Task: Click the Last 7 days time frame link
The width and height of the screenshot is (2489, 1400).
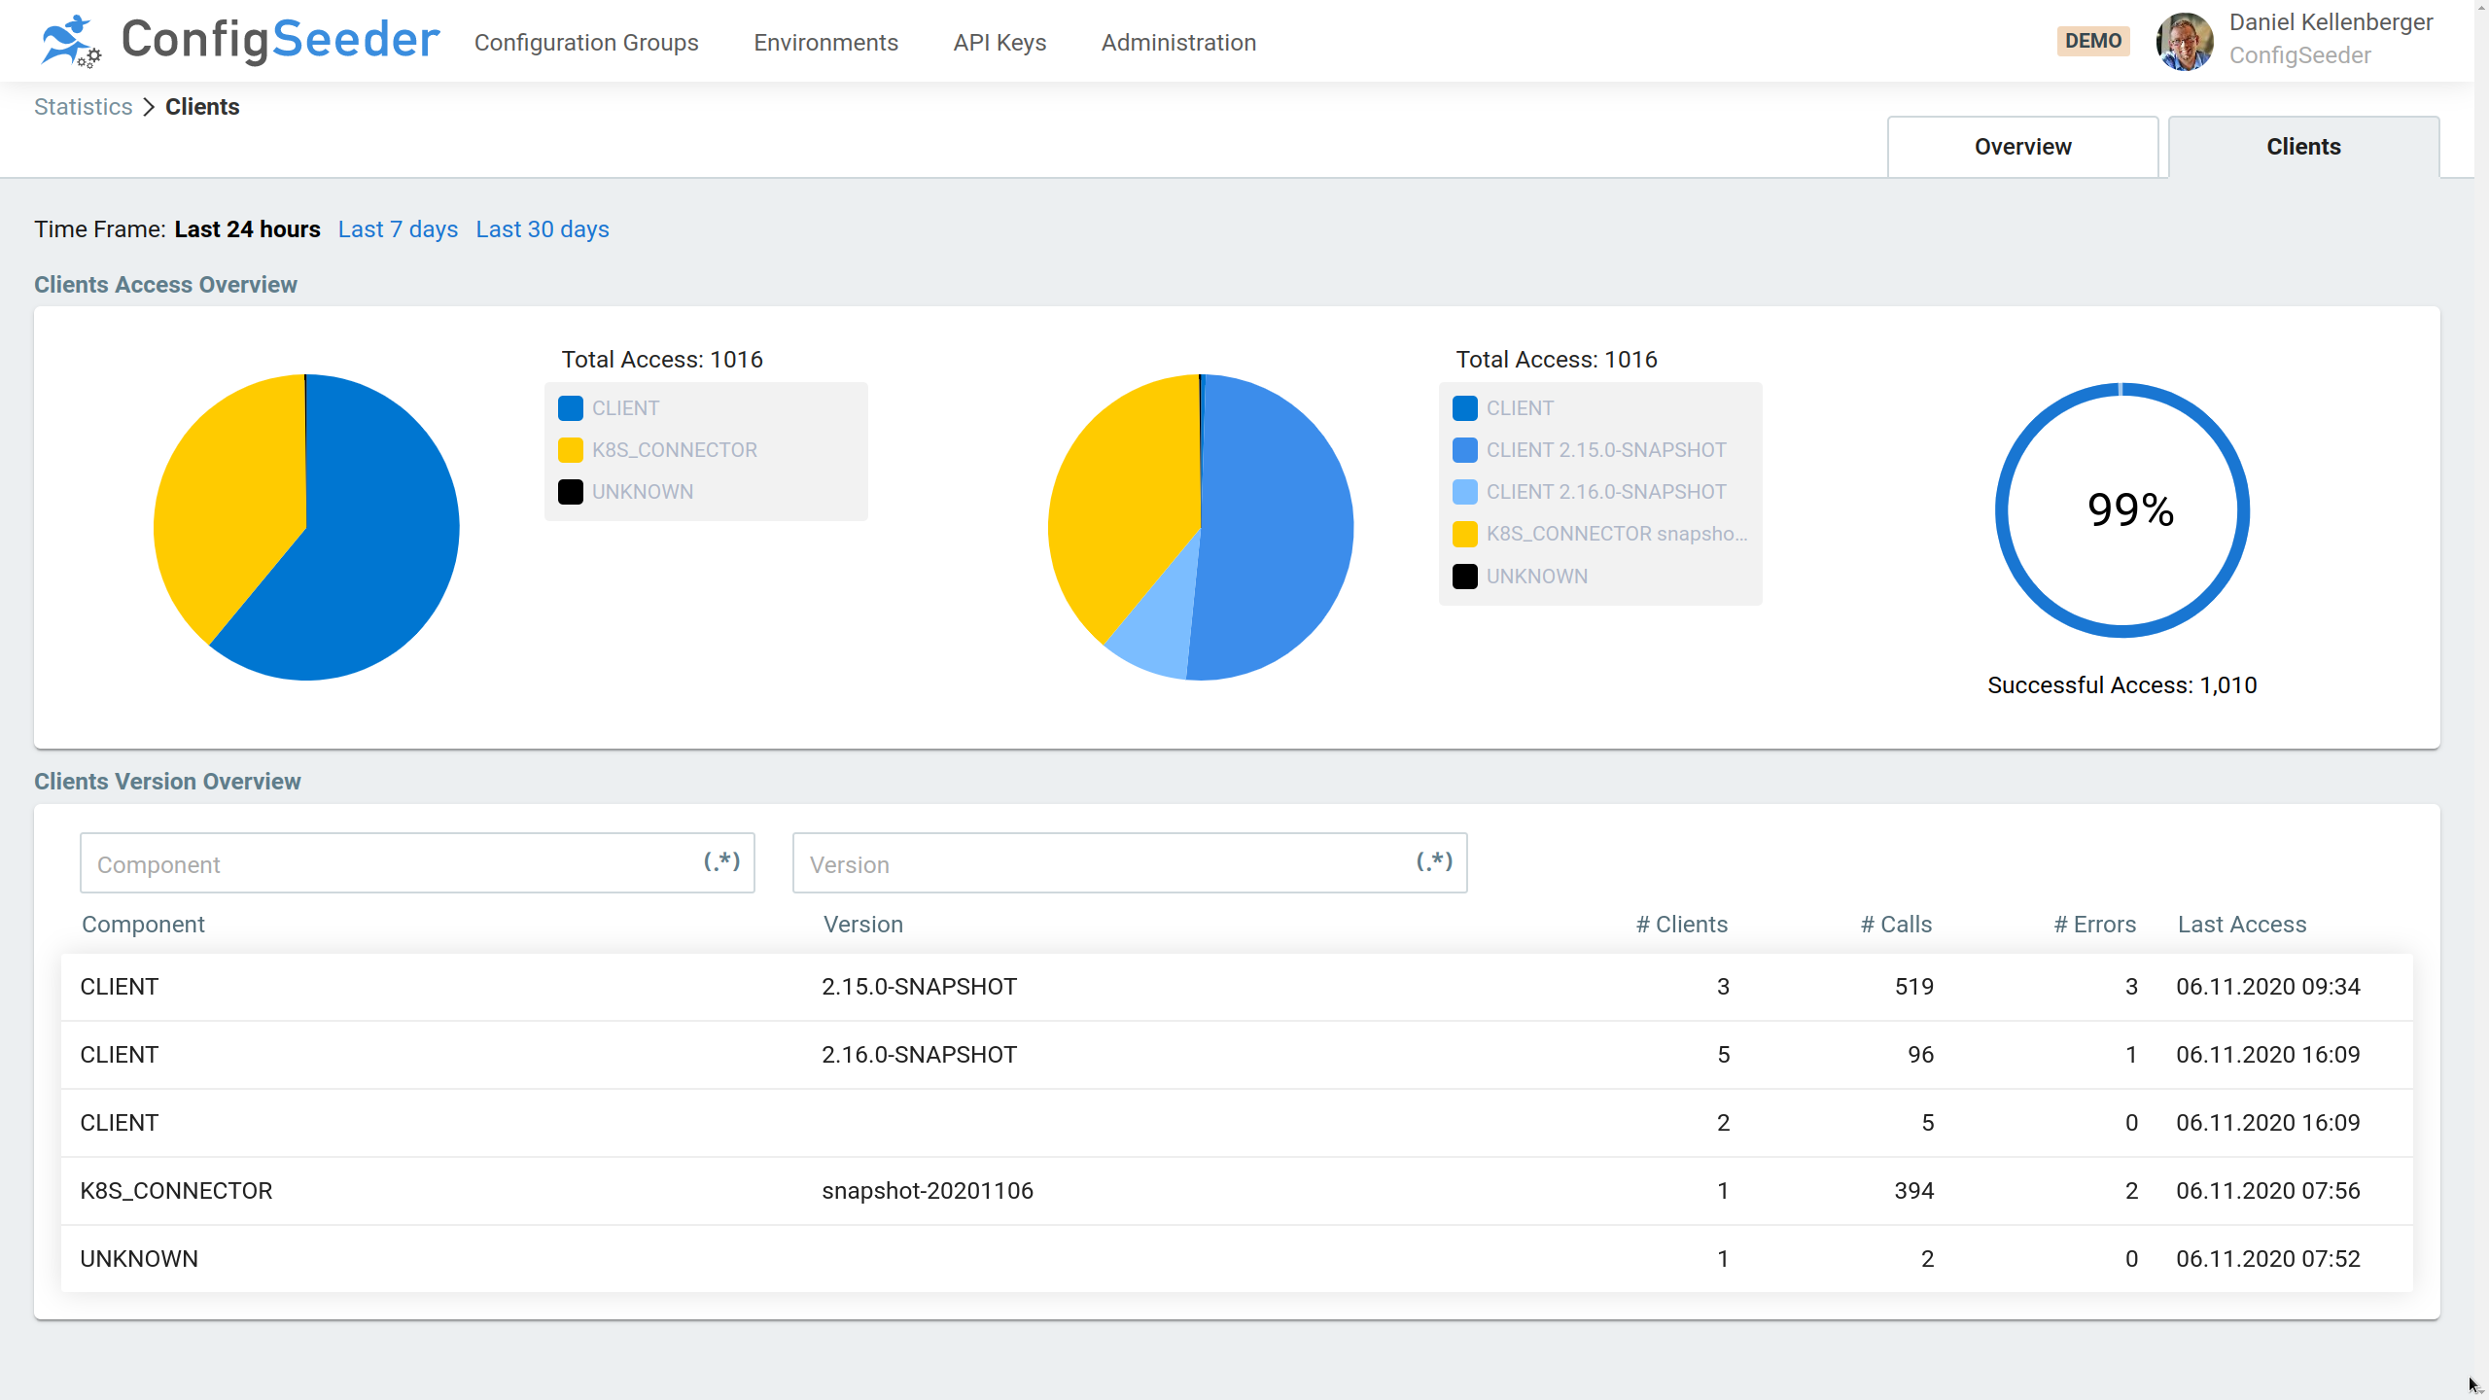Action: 398,229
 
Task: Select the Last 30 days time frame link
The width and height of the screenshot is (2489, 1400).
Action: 542,229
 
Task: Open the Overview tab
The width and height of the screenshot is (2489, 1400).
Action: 2022,147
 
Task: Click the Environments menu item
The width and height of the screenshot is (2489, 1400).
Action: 825,43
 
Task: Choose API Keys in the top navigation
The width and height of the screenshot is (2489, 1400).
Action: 999,43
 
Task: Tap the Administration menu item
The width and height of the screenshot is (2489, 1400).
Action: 1178,43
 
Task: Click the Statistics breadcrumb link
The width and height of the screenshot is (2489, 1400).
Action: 83,107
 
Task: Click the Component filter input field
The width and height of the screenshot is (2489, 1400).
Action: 389,863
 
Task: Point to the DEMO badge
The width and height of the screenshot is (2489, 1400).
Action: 2093,41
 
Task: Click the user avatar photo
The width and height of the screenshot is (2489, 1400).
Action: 2185,41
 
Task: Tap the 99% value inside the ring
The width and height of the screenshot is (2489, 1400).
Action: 2130,509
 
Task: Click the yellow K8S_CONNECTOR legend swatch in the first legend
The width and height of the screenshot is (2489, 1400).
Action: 571,450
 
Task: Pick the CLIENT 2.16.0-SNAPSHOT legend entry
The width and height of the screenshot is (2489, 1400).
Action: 1605,492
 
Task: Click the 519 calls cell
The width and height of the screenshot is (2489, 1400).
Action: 1913,987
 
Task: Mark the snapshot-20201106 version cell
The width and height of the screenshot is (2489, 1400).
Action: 928,1191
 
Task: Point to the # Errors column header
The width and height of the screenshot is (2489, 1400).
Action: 2094,925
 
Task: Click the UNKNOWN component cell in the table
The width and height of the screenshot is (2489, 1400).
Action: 139,1259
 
